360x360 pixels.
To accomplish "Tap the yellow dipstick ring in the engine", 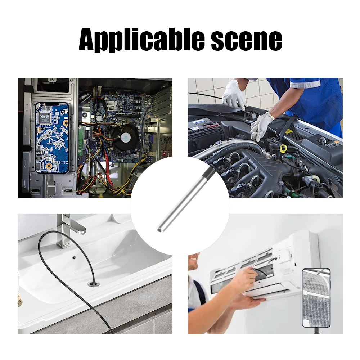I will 284,148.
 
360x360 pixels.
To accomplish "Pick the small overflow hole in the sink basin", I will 74,258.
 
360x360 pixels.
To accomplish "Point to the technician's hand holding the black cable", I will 248,277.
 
